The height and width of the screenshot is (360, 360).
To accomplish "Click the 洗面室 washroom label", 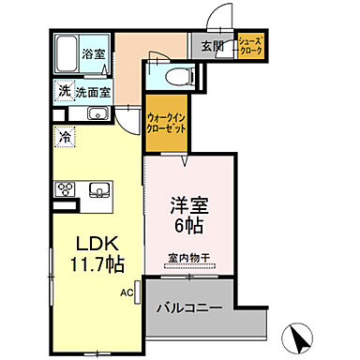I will coord(94,92).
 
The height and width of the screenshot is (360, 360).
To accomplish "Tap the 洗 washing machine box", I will coord(65,92).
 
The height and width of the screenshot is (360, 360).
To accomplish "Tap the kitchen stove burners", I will coord(66,190).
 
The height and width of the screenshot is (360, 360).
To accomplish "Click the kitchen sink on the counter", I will coord(97,190).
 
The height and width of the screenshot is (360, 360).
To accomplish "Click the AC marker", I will coord(126,292).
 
